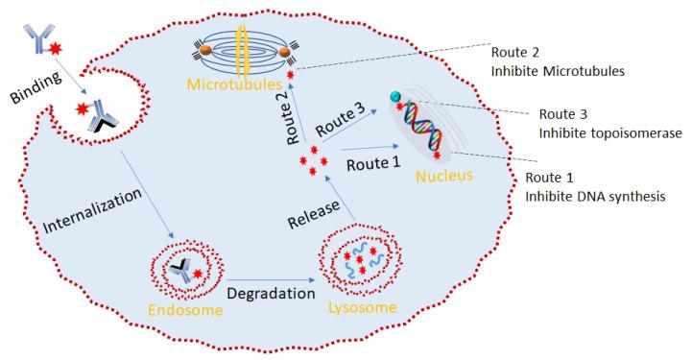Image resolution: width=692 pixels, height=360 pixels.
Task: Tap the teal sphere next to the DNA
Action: coord(395,97)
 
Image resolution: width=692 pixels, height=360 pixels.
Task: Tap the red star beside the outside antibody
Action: coord(57,47)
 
